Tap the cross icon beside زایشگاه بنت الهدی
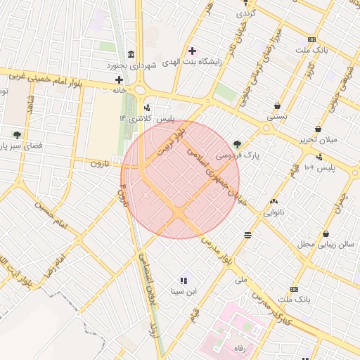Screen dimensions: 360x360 pos(192,51)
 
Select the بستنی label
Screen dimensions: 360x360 pos(276,117)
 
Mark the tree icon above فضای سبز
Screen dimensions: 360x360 pos(17,134)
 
